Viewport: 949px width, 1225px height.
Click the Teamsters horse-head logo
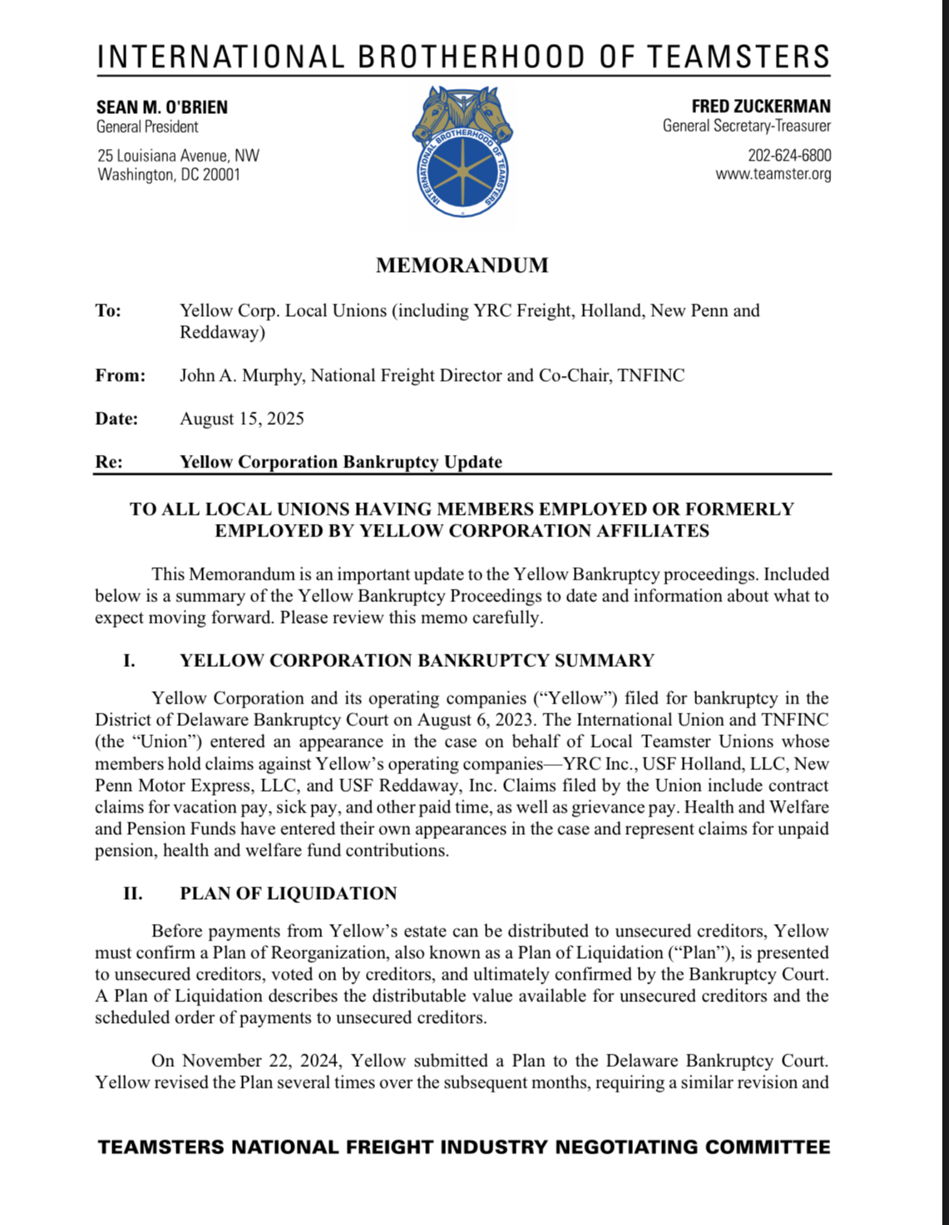coord(462,152)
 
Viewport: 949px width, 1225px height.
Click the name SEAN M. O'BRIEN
coord(162,107)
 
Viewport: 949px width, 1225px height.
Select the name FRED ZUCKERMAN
coord(761,106)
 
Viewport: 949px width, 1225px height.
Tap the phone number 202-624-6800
coord(789,156)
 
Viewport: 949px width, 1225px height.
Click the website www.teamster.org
coord(774,174)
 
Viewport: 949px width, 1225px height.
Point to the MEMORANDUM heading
coord(462,265)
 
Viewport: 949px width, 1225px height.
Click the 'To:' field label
coord(108,311)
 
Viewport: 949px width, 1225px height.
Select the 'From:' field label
coord(121,376)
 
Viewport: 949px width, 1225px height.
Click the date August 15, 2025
coord(242,418)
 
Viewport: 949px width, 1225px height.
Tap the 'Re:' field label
coord(109,462)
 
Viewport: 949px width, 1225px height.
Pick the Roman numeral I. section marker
coord(129,660)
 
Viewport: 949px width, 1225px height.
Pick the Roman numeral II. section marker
coord(132,893)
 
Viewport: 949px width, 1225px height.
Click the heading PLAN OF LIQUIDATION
coord(289,893)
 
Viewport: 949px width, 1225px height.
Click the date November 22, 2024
coord(261,1061)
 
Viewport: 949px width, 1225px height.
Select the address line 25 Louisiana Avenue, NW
coord(178,156)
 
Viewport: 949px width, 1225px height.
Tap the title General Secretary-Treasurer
coord(747,126)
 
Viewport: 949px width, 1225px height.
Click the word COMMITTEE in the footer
coord(768,1148)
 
